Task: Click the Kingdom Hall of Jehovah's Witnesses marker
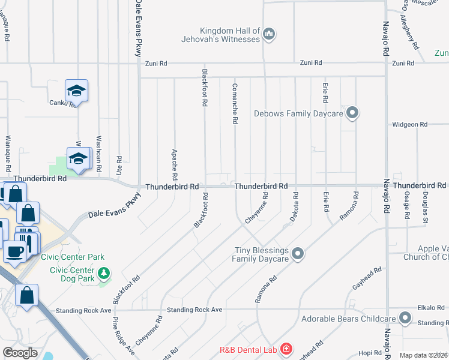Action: point(269,34)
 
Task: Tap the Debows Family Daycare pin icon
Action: point(353,113)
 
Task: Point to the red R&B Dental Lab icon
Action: point(286,348)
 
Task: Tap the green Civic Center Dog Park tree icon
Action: point(105,274)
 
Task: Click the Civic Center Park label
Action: point(73,257)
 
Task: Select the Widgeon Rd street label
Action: point(409,125)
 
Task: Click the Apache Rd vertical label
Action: point(175,165)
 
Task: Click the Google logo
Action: point(20,353)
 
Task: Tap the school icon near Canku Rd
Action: point(76,91)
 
